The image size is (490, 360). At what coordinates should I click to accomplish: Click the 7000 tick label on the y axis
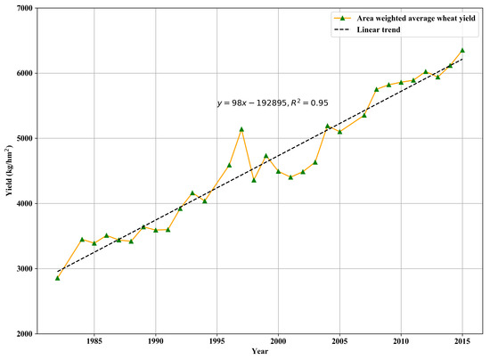tap(21, 8)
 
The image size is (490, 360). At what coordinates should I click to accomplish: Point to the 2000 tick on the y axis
tap(21, 334)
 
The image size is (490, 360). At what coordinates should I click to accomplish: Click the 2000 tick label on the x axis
tap(278, 341)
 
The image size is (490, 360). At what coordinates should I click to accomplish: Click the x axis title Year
tap(258, 352)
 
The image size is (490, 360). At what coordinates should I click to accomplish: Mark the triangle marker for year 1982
tap(57, 278)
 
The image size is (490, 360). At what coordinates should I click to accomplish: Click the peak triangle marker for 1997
tap(241, 129)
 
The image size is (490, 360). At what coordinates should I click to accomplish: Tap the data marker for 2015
tap(461, 50)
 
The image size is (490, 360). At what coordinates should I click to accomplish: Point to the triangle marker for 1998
tap(254, 180)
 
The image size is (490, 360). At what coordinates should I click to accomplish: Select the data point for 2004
tap(327, 126)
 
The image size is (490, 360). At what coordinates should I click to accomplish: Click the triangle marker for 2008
tap(377, 89)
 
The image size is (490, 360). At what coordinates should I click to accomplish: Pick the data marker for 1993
tap(192, 193)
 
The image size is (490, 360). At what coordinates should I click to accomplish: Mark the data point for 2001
tap(290, 177)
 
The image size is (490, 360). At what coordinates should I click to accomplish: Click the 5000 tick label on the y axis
tap(21, 138)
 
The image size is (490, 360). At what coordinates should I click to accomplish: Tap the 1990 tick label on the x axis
tap(155, 341)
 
